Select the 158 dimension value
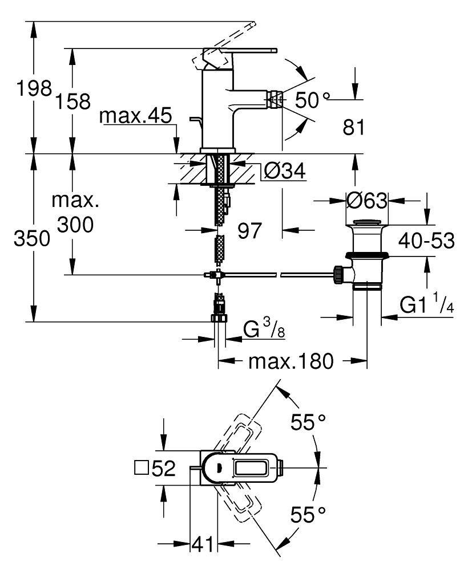(74, 101)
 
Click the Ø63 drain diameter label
(367, 201)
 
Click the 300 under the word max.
(75, 225)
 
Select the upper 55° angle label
(308, 423)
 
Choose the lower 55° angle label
(308, 516)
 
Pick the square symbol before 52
(140, 469)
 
